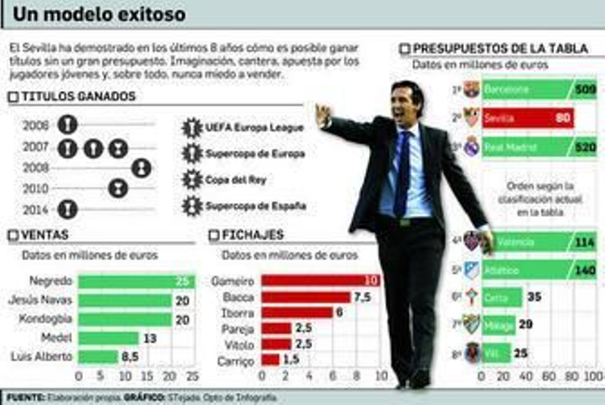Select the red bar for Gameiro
tap(320, 280)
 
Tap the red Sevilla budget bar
tap(527, 118)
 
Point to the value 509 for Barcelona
tap(585, 90)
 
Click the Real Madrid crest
tap(471, 147)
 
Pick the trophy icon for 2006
tap(68, 125)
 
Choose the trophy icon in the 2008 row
tap(142, 168)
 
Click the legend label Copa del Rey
tap(236, 180)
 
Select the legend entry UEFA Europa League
tap(254, 128)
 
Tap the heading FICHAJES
tap(252, 235)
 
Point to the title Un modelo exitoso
tap(99, 14)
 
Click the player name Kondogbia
tap(45, 319)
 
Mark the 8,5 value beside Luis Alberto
tap(130, 357)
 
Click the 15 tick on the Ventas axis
tap(147, 376)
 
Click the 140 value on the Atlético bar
tap(585, 270)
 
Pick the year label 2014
tap(36, 210)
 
